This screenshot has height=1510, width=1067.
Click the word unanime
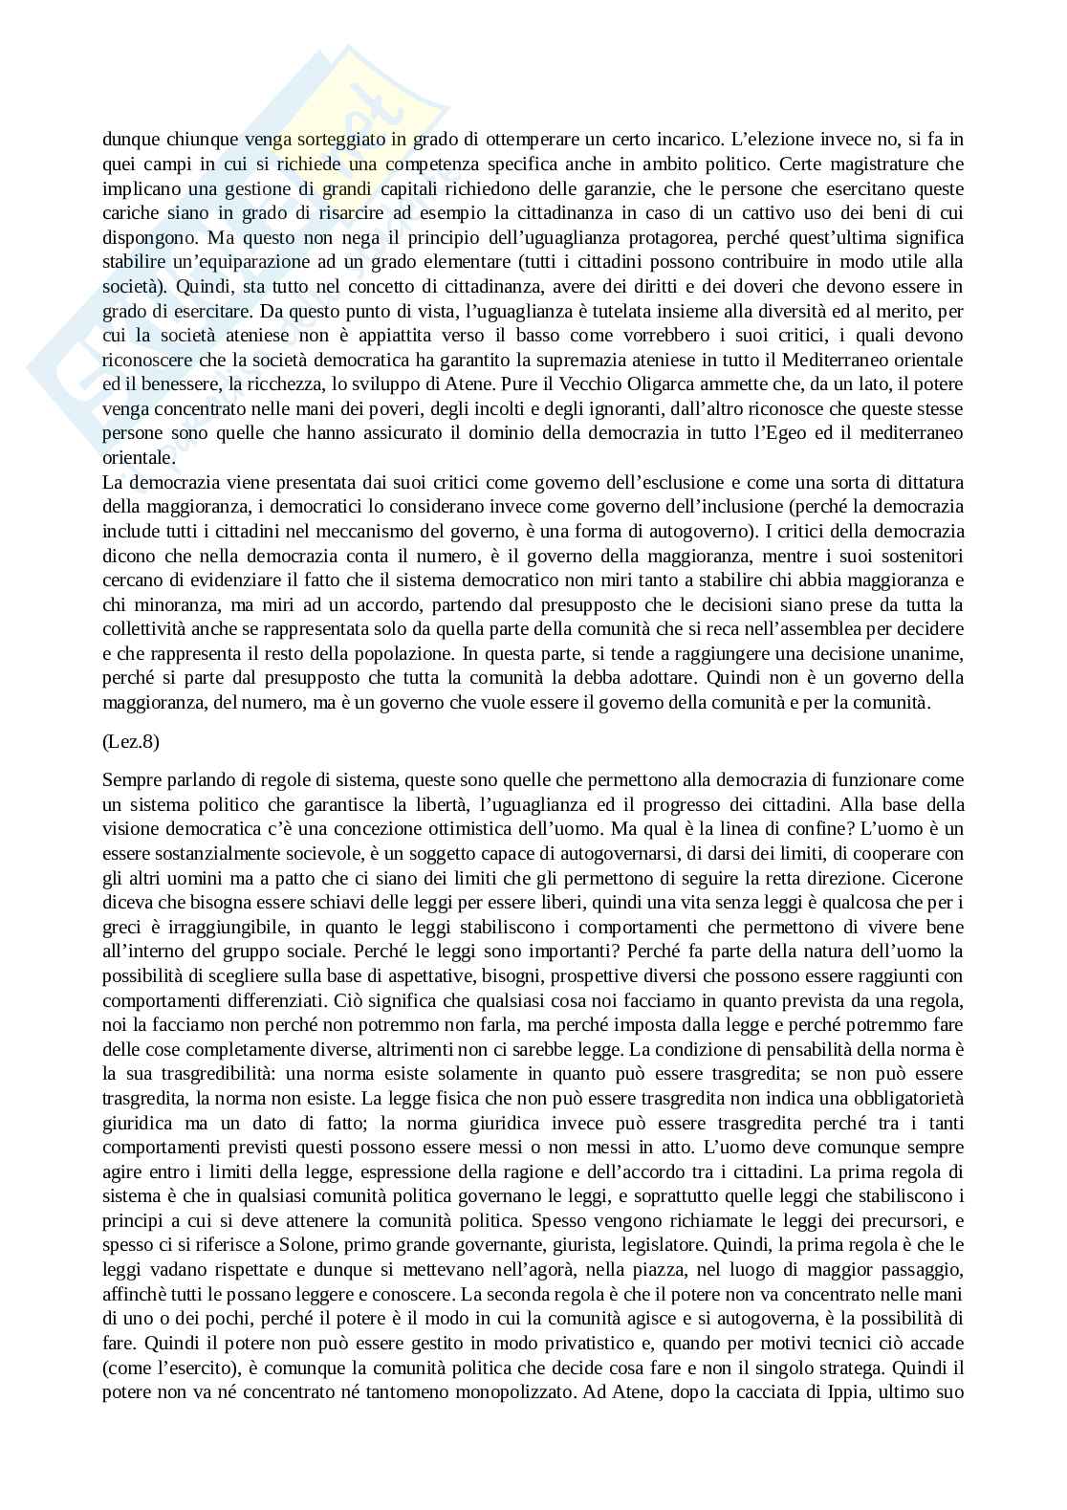(922, 654)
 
